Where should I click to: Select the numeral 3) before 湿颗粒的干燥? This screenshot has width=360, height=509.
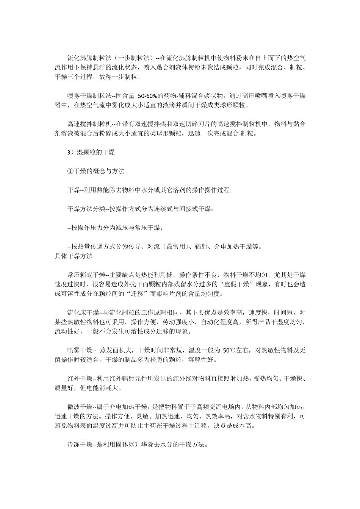click(x=69, y=152)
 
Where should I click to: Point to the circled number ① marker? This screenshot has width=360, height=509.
click(x=70, y=171)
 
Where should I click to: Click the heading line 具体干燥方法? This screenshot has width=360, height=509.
click(x=74, y=256)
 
